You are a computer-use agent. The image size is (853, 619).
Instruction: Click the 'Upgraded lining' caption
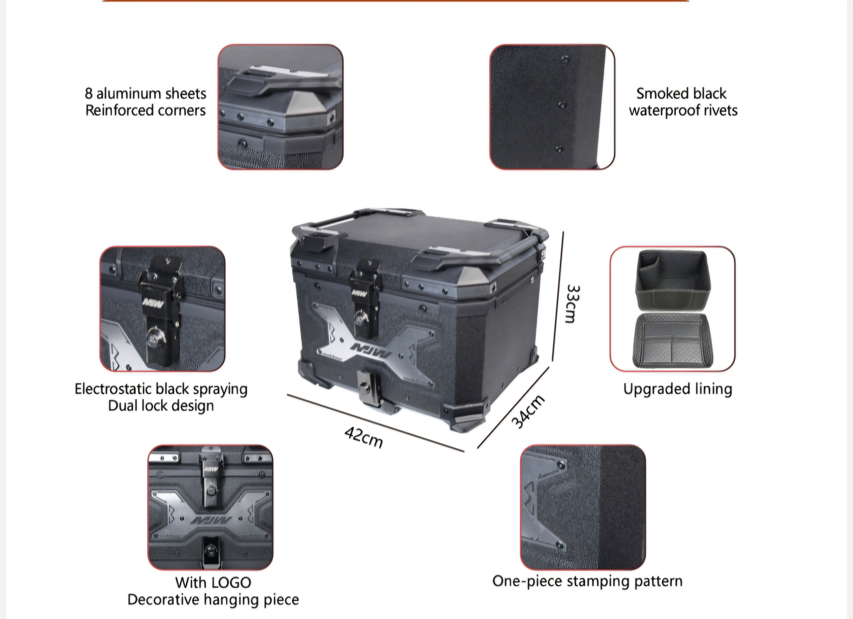click(677, 389)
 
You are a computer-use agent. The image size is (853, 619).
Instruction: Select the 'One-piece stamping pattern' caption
click(587, 581)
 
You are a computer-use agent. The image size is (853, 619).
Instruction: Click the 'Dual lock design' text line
click(161, 406)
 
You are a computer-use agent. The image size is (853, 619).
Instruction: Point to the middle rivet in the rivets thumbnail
click(562, 105)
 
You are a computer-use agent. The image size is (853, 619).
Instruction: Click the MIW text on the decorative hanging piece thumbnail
click(211, 521)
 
